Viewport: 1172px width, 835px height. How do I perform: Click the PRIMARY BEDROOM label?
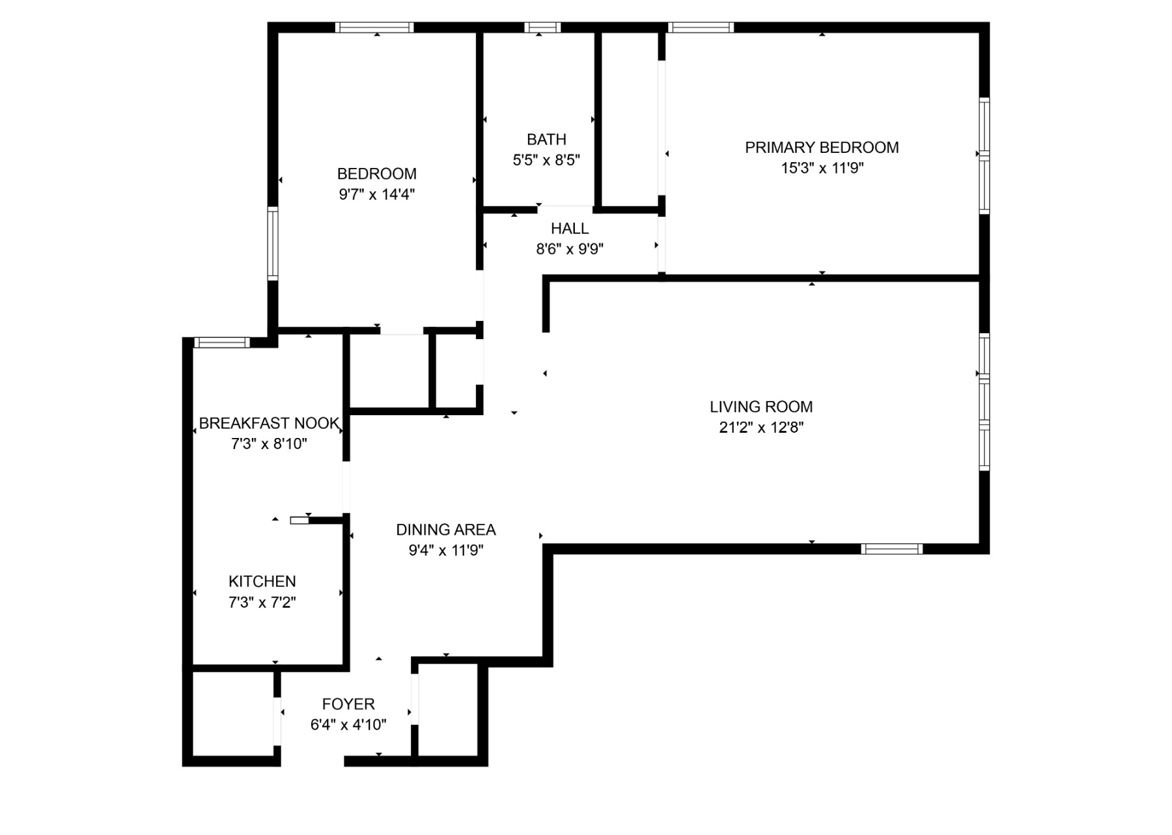click(x=822, y=148)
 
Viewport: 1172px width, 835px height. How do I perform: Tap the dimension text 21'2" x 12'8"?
click(x=761, y=428)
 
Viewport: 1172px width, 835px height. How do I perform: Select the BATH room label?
click(x=546, y=139)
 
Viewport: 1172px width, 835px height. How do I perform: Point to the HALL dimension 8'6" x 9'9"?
click(x=570, y=249)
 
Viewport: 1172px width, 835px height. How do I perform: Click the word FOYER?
click(x=348, y=704)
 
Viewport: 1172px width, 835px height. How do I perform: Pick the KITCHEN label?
click(x=262, y=581)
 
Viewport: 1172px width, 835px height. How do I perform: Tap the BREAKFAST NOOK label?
click(x=269, y=424)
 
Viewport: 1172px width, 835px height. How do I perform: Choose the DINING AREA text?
click(x=446, y=530)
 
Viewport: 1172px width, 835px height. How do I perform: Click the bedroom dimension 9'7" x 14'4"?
click(x=376, y=195)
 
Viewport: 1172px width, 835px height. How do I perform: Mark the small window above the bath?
click(x=542, y=27)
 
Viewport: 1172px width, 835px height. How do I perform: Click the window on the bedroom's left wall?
click(x=273, y=243)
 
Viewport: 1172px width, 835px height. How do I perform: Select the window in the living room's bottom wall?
click(x=891, y=549)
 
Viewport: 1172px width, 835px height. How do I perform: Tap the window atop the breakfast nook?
click(x=222, y=342)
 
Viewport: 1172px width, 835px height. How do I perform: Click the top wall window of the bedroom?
click(x=374, y=27)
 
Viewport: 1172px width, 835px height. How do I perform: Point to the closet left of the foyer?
click(x=232, y=713)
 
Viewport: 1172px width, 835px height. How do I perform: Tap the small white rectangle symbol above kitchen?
click(x=300, y=520)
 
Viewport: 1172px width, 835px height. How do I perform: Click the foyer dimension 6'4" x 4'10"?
click(x=348, y=725)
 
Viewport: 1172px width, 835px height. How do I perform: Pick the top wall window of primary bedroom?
click(x=701, y=27)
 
